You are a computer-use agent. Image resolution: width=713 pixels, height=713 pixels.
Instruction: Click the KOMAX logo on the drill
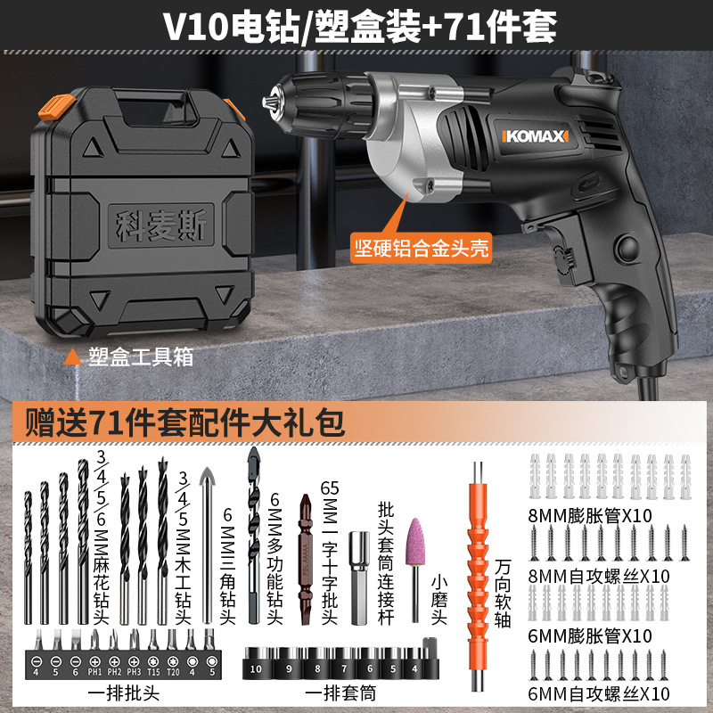click(536, 136)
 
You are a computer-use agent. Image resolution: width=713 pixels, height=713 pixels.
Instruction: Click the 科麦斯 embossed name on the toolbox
click(161, 225)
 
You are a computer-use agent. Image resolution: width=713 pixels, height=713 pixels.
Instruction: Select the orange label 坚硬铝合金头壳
click(422, 248)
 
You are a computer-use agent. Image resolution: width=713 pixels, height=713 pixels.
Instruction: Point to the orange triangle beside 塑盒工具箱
click(73, 357)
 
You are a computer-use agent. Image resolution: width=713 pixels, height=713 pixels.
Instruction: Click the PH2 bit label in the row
click(114, 672)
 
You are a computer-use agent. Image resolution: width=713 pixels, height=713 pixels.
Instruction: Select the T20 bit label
click(173, 672)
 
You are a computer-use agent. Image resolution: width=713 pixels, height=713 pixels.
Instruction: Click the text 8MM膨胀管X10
click(590, 516)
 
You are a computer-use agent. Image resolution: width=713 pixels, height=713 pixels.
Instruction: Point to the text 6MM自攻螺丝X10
click(598, 694)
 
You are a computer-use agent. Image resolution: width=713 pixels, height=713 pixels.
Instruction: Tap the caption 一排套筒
click(340, 693)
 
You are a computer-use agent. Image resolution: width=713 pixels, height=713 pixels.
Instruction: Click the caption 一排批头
click(124, 693)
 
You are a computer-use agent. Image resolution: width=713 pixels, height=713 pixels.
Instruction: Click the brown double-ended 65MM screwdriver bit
click(306, 560)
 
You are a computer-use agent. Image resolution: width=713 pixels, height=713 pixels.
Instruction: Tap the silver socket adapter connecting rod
click(359, 578)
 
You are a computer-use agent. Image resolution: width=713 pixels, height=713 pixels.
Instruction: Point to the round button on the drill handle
click(627, 248)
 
